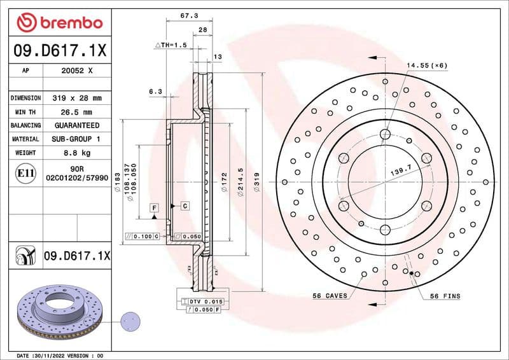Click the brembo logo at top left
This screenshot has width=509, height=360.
click(x=59, y=22)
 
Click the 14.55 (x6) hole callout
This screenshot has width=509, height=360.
click(x=427, y=66)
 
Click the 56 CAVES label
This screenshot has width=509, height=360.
click(x=330, y=296)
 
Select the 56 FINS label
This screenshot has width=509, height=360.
click(x=445, y=296)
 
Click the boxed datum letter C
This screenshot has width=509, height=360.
click(x=185, y=206)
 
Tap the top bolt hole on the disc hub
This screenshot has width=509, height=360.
click(x=384, y=134)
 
